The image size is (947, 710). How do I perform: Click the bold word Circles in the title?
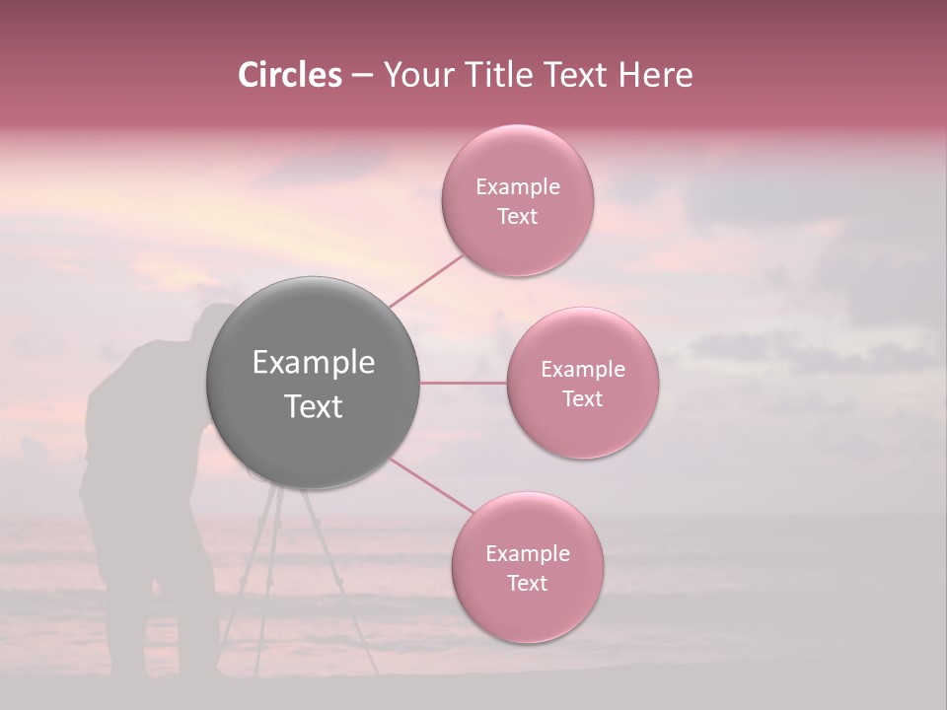[290, 75]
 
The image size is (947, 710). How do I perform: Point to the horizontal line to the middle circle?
[463, 383]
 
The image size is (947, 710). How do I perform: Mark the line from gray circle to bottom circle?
[431, 485]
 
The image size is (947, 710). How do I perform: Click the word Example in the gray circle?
[314, 363]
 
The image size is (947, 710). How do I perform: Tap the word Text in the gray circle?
[314, 406]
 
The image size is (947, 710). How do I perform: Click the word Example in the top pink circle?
[517, 187]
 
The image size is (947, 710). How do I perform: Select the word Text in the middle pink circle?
[582, 398]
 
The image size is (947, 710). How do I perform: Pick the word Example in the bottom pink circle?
[527, 553]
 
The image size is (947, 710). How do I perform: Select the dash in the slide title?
[361, 76]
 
